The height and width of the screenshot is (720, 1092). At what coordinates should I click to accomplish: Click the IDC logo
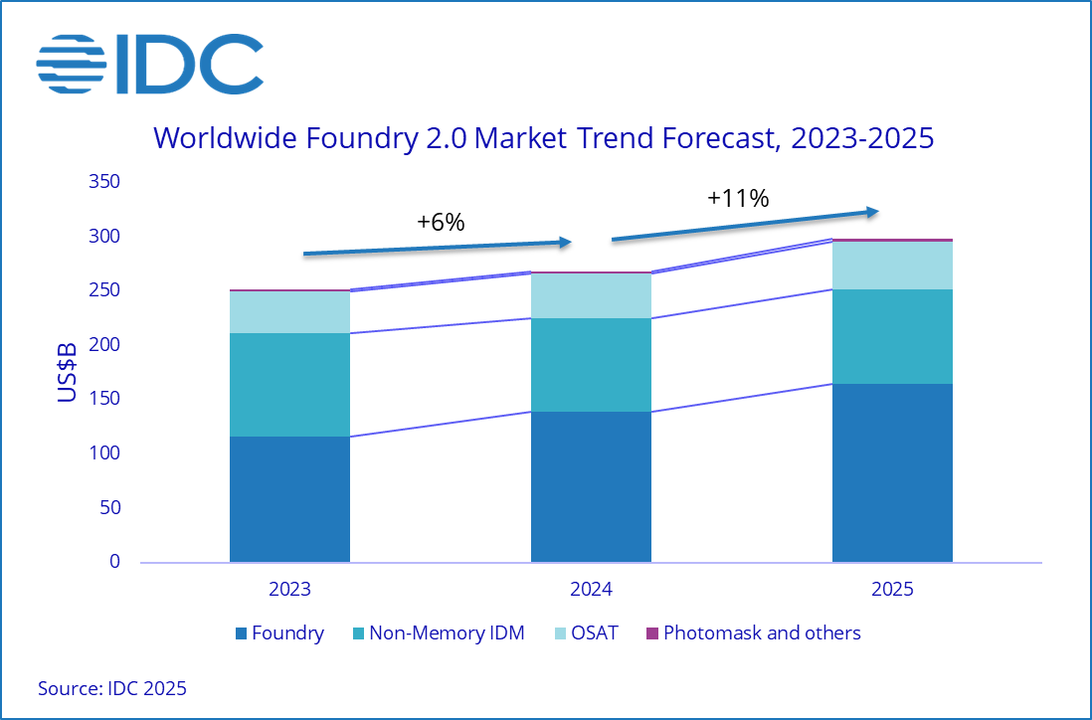pyautogui.click(x=149, y=64)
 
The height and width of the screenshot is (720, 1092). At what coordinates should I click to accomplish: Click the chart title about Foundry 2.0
pyautogui.click(x=543, y=137)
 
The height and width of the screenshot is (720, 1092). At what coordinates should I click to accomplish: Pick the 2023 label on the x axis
pyautogui.click(x=289, y=589)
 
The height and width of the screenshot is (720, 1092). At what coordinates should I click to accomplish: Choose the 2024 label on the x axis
pyautogui.click(x=591, y=589)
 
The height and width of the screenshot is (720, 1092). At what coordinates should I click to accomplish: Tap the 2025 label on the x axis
pyautogui.click(x=892, y=589)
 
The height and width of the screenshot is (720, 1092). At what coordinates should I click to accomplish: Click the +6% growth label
pyautogui.click(x=441, y=223)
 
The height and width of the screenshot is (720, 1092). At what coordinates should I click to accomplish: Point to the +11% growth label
pyautogui.click(x=738, y=198)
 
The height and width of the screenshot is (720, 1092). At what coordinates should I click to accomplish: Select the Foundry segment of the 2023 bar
pyautogui.click(x=289, y=499)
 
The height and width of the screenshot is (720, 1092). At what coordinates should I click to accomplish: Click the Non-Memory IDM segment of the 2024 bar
pyautogui.click(x=591, y=365)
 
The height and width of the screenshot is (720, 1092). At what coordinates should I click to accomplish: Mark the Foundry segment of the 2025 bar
pyautogui.click(x=892, y=472)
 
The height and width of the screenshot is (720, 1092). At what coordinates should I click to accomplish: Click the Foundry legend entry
pyautogui.click(x=279, y=633)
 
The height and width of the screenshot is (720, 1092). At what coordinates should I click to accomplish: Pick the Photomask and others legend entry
pyautogui.click(x=753, y=633)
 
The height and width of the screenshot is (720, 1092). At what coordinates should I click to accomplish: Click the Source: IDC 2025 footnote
pyautogui.click(x=112, y=688)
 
